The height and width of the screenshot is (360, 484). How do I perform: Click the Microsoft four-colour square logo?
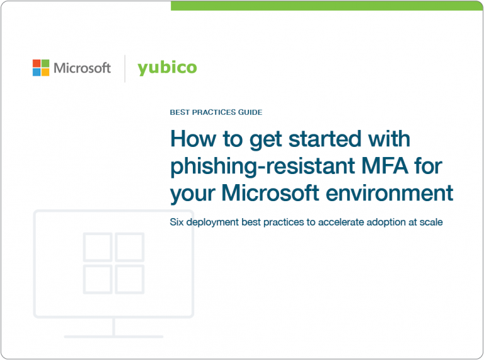tap(41, 68)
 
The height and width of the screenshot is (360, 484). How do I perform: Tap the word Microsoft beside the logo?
tap(82, 68)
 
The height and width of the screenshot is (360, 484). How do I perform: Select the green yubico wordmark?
tap(167, 67)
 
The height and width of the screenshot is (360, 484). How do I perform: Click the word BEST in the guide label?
tap(180, 112)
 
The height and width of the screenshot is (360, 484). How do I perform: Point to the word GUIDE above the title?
tap(250, 112)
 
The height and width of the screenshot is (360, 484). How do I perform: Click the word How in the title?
tap(190, 139)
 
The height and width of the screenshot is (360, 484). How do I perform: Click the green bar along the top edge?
tap(327, 6)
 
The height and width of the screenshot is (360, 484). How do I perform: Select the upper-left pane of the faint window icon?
tap(98, 247)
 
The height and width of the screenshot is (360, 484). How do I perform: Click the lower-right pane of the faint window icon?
tap(130, 278)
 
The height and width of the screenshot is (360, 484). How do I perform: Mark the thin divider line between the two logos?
tap(125, 68)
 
